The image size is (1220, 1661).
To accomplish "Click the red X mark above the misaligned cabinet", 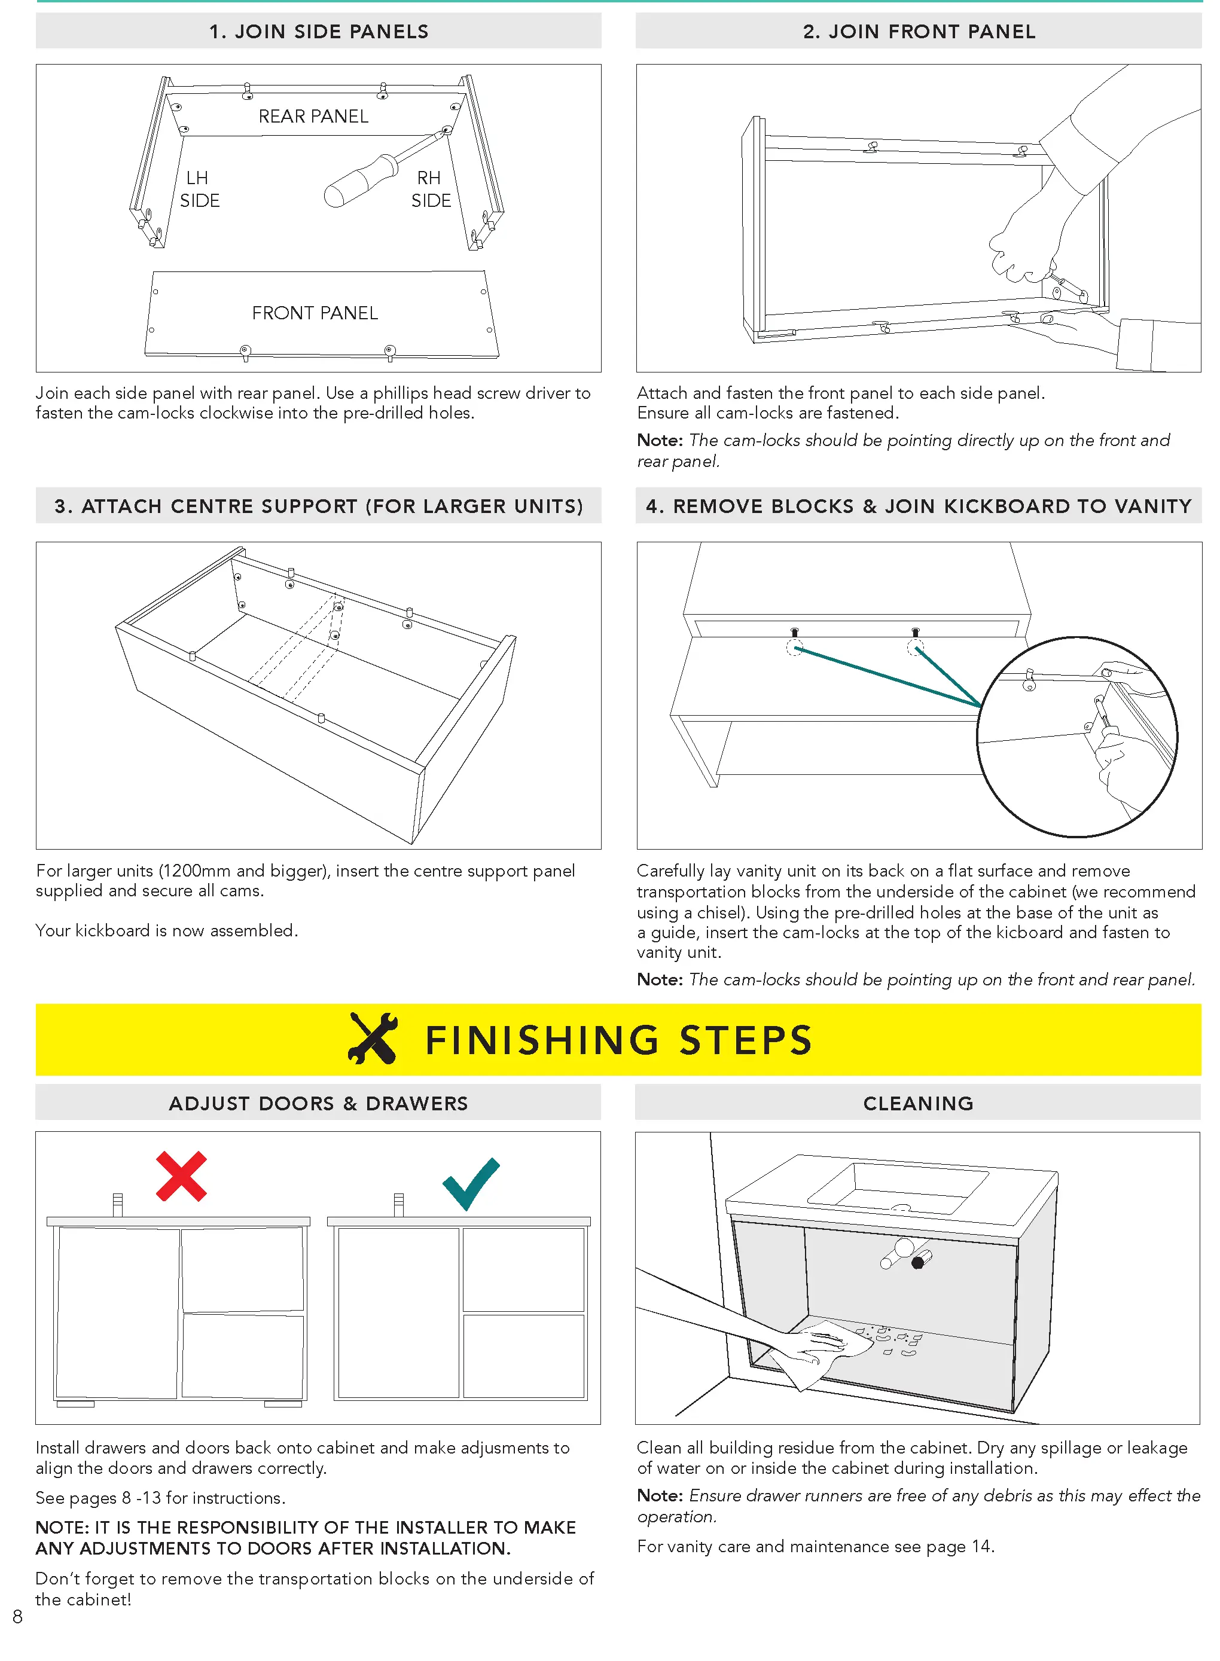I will (x=181, y=1176).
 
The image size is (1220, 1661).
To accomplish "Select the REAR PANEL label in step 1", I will (x=313, y=116).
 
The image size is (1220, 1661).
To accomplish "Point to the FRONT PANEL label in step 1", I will (x=315, y=313).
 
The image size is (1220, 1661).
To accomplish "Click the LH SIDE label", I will (x=199, y=189).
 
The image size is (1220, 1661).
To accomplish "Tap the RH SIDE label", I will (x=431, y=189).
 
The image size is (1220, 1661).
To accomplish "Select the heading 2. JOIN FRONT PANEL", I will (x=919, y=32).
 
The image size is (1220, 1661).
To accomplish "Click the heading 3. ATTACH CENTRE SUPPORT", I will (x=318, y=506).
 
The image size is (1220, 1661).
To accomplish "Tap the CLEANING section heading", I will (x=918, y=1103).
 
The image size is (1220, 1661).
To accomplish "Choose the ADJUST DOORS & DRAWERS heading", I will (x=318, y=1103).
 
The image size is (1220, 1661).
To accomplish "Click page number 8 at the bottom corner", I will (x=18, y=1616).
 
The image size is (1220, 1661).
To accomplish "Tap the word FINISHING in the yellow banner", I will (x=541, y=1040).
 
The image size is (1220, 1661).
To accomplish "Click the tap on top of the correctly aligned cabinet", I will (x=399, y=1204).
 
